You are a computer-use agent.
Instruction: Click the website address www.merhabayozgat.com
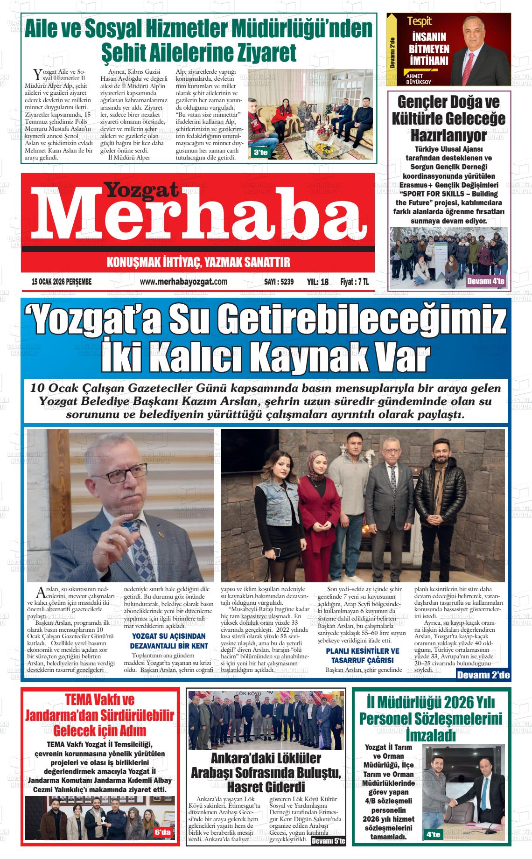(x=183, y=282)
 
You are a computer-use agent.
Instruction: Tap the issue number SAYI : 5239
(x=278, y=282)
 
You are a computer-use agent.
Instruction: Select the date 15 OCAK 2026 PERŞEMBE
(x=62, y=282)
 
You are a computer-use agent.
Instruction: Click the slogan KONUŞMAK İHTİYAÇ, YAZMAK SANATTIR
(x=198, y=262)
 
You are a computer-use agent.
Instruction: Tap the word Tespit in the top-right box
(x=419, y=21)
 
